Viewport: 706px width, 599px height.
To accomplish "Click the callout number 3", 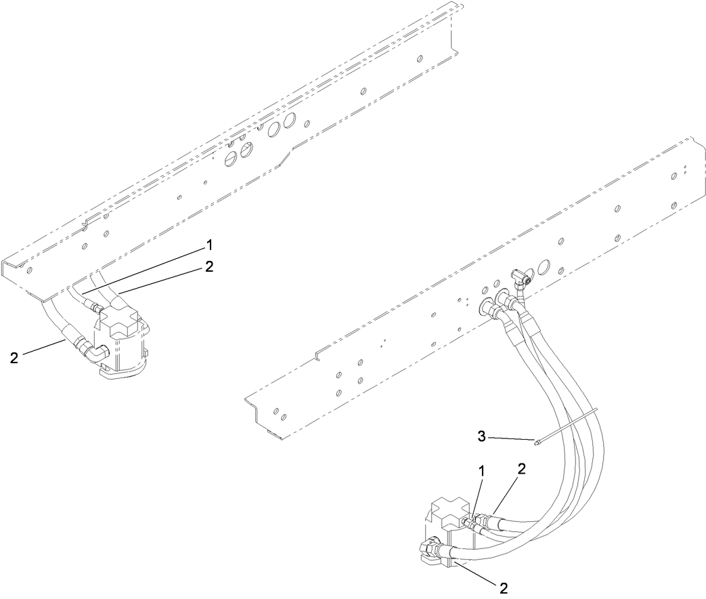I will (x=481, y=437).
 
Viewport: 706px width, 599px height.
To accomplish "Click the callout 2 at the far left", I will (x=14, y=358).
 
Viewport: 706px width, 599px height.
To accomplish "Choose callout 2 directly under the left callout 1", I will (x=208, y=266).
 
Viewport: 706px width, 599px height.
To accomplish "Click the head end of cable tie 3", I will (x=536, y=445).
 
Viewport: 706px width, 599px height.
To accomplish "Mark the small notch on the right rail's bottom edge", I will (x=318, y=355).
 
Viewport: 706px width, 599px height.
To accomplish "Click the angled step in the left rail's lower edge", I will (x=288, y=157).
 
